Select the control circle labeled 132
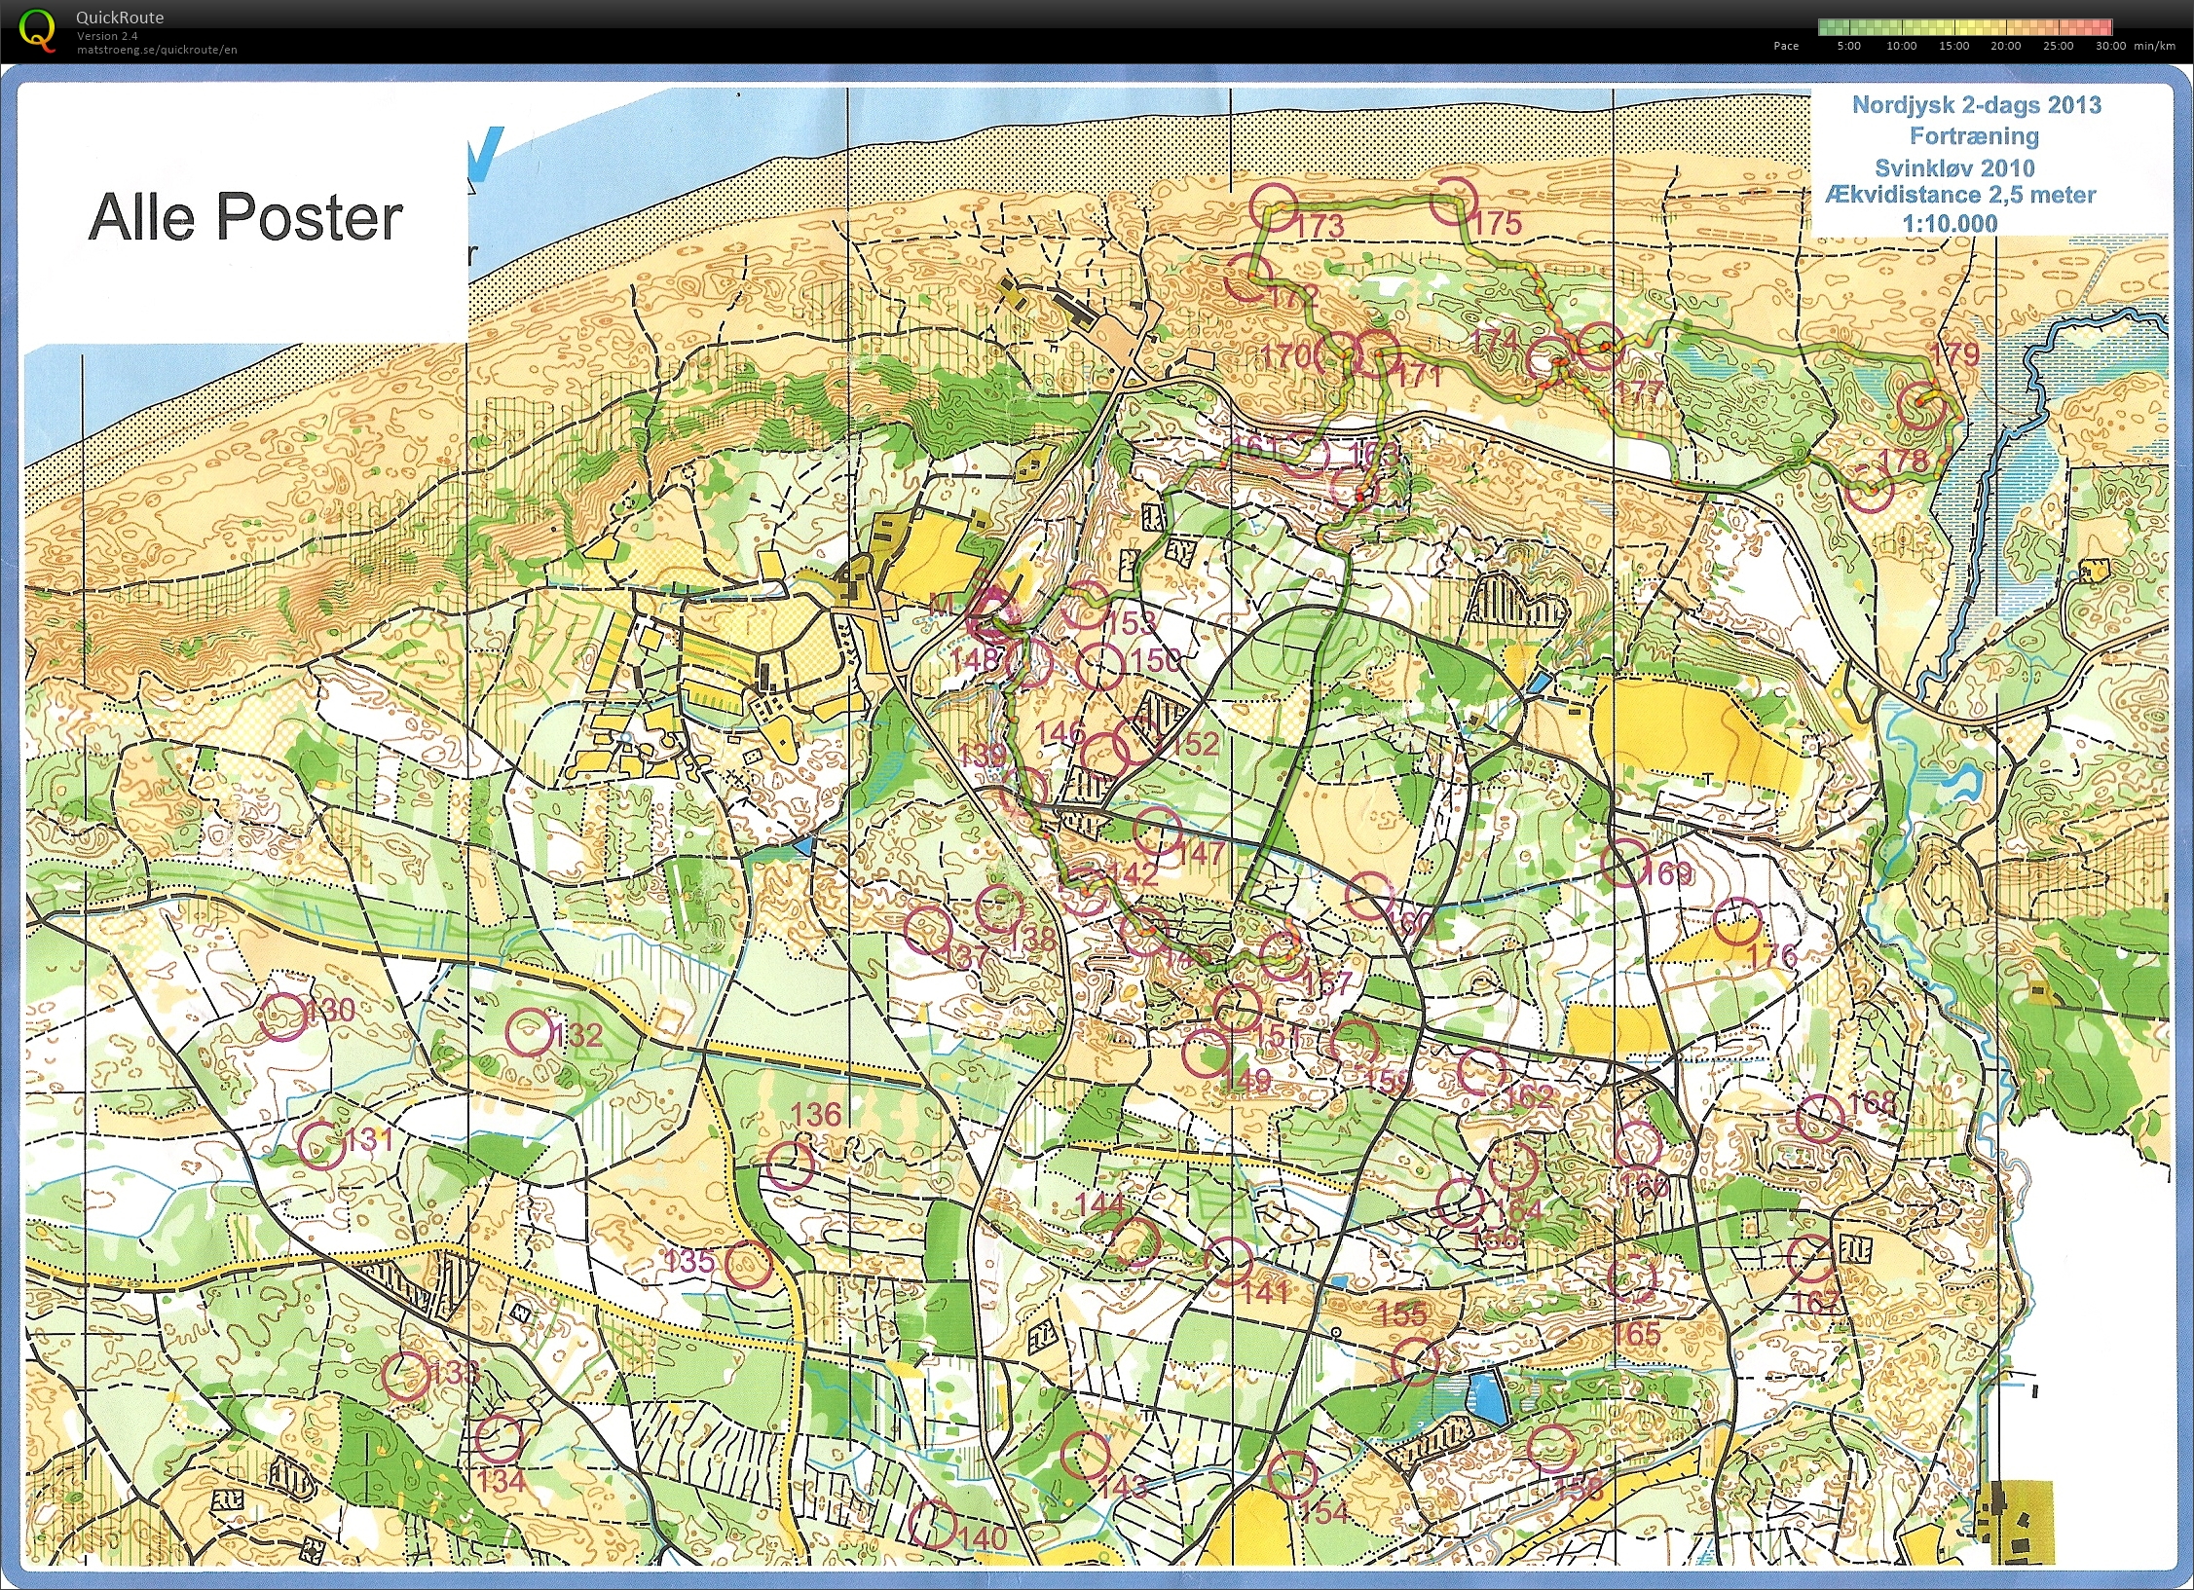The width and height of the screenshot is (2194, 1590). [530, 1033]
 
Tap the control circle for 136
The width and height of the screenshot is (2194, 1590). [789, 1165]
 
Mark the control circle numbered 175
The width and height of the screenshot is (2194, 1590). [1453, 201]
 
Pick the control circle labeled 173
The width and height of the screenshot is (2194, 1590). [1275, 207]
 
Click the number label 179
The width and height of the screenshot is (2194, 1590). [1955, 353]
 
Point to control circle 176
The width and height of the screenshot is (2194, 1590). [1737, 922]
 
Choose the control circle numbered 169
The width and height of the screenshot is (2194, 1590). [1625, 863]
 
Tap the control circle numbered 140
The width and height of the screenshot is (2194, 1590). [932, 1524]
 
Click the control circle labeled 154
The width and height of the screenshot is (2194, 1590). [1292, 1475]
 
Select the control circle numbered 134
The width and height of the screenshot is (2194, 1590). [499, 1439]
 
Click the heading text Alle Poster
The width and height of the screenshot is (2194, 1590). [245, 217]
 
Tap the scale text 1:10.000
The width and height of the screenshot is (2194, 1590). [1950, 223]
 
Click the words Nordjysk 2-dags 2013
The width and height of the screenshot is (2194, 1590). [1976, 105]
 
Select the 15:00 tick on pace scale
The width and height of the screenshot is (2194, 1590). [1953, 46]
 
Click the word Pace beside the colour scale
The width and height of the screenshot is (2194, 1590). [1786, 46]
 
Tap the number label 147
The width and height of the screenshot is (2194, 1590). [1201, 854]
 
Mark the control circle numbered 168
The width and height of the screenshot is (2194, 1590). [1819, 1118]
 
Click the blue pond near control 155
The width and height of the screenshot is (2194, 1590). [1487, 1395]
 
